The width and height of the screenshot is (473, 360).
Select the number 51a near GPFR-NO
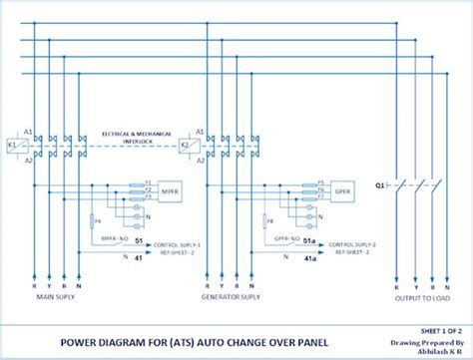310,239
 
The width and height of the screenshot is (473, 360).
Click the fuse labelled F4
92,220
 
